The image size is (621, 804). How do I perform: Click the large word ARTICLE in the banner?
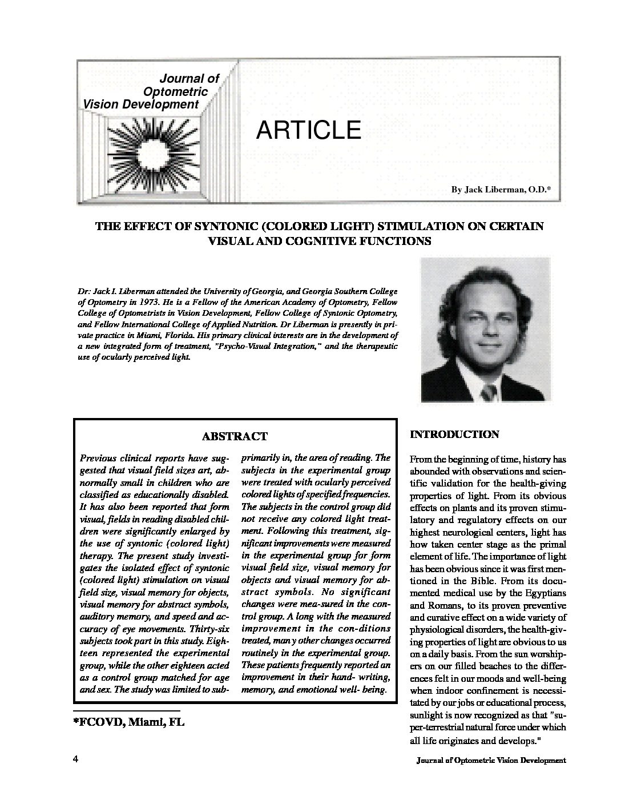pyautogui.click(x=309, y=130)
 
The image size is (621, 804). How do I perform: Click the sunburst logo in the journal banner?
pyautogui.click(x=154, y=149)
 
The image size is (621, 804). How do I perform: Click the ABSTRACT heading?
pyautogui.click(x=235, y=436)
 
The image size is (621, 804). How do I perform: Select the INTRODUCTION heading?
pyautogui.click(x=454, y=435)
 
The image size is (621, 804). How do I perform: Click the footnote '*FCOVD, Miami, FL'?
pyautogui.click(x=128, y=722)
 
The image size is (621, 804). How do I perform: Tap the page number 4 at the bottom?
pyautogui.click(x=75, y=759)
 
